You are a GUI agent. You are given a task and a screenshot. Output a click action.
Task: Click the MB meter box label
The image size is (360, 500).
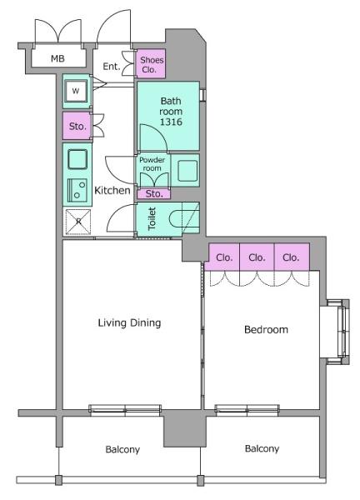[57, 58]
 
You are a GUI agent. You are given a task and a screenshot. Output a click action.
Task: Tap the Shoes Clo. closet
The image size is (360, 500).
[151, 64]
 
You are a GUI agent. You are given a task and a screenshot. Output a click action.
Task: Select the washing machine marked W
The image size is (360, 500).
[76, 91]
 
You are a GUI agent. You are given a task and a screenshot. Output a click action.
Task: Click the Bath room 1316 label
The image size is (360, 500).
[171, 112]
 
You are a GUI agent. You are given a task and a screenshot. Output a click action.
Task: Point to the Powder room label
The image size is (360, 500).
[152, 164]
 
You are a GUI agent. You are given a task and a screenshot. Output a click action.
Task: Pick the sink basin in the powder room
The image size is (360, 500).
[187, 171]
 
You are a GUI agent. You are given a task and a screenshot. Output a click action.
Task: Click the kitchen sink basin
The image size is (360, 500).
[77, 159]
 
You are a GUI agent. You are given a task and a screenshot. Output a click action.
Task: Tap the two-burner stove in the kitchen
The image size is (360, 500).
[77, 190]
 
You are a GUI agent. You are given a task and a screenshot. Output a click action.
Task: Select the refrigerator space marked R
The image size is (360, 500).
[78, 222]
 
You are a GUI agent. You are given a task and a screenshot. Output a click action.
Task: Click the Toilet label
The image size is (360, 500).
[152, 218]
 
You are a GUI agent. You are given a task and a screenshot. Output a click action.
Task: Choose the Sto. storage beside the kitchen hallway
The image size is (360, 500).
[77, 126]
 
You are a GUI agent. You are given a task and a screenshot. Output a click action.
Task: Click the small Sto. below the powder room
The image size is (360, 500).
[153, 193]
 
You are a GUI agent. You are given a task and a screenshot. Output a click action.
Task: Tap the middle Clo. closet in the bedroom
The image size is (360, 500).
[257, 257]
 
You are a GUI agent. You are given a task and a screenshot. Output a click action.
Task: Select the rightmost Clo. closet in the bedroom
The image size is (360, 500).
[292, 257]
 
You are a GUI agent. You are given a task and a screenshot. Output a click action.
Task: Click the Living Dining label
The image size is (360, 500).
[129, 323]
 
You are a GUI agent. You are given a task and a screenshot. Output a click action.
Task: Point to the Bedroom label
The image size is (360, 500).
[266, 329]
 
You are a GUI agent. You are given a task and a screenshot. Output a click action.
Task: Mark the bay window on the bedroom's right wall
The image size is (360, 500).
[338, 332]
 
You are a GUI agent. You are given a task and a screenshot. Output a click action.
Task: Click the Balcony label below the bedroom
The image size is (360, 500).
[262, 448]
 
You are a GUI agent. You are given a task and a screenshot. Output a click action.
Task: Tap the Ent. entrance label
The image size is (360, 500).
[112, 67]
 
